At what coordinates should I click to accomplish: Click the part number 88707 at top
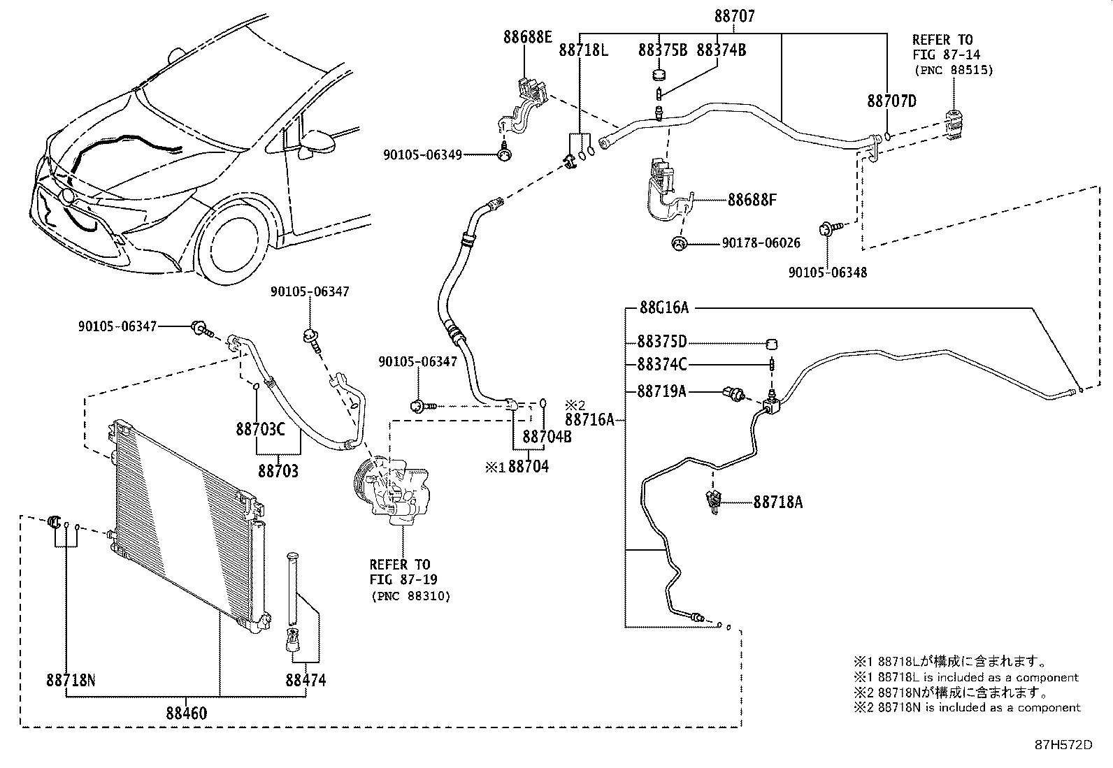[x=734, y=16]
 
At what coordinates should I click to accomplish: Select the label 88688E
[x=527, y=37]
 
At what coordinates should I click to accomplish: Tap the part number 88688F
[x=752, y=201]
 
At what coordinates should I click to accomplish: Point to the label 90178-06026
[x=761, y=243]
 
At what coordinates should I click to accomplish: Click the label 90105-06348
[x=827, y=273]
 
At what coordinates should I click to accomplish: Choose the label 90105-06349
[x=422, y=154]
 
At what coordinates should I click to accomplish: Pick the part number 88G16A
[x=663, y=307]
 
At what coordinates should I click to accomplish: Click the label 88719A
[x=661, y=391]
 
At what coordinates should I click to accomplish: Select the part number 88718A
[x=777, y=502]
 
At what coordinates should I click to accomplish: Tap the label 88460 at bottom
[x=187, y=713]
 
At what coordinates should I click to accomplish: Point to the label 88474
[x=306, y=679]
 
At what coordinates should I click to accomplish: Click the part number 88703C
[x=260, y=428]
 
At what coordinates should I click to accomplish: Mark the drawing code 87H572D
[x=1063, y=745]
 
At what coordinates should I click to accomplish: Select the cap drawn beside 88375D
[x=773, y=343]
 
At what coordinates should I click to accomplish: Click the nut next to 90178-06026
[x=678, y=243]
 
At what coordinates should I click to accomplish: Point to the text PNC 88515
[x=953, y=70]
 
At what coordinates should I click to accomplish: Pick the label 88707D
[x=891, y=101]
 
